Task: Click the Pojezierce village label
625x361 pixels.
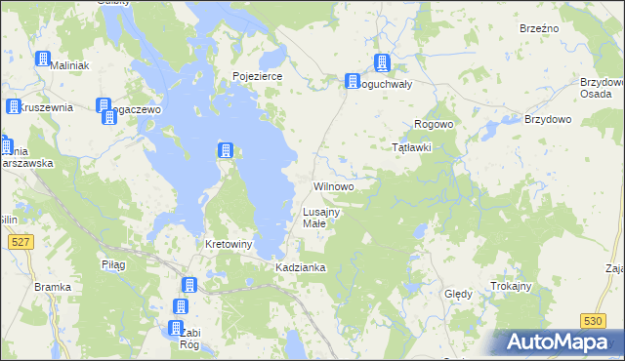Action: [x=257, y=75]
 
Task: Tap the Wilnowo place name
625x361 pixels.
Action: [x=333, y=185]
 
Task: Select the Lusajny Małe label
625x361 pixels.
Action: [x=320, y=218]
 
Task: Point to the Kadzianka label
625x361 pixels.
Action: [x=300, y=266]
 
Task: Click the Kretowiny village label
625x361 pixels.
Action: [x=229, y=243]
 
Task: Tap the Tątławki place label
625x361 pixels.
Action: [x=411, y=147]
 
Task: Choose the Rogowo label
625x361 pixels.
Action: [x=434, y=124]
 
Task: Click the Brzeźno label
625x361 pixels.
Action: [x=539, y=28]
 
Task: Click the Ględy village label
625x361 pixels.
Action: [x=458, y=294]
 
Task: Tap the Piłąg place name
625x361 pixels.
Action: [x=114, y=264]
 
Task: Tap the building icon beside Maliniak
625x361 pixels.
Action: [x=44, y=59]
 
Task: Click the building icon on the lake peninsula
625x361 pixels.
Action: [x=226, y=150]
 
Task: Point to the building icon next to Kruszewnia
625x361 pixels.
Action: [x=14, y=106]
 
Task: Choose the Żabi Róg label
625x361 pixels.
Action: [x=189, y=338]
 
